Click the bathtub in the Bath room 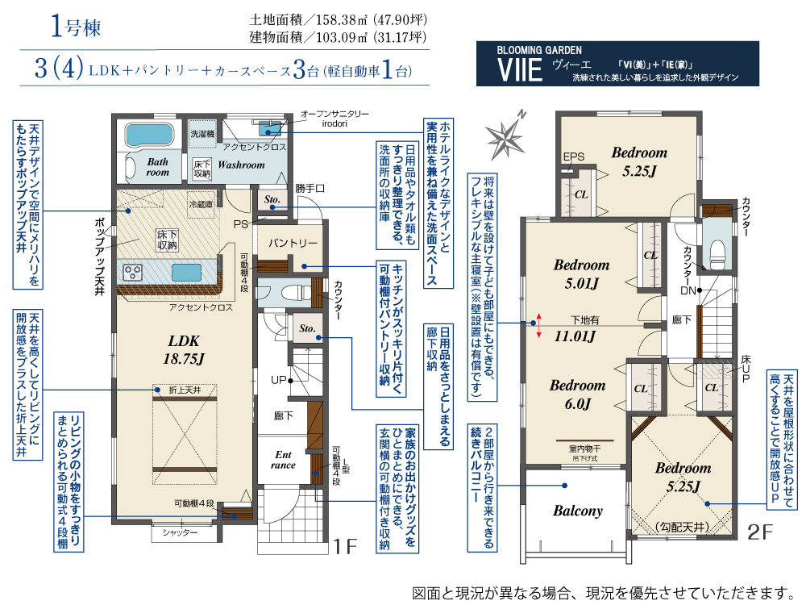coord(151,135)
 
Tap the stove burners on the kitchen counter coord(133,272)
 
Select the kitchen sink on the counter coord(186,272)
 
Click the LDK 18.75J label coord(184,350)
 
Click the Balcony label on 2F coord(577,511)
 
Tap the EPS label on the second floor coord(573,156)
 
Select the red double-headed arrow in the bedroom coord(538,325)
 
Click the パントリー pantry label coord(292,243)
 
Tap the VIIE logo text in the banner coord(520,70)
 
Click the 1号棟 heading coord(76,27)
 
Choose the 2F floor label coord(760,532)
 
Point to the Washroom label coord(241,165)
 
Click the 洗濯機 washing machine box coord(202,134)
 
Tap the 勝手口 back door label coord(310,188)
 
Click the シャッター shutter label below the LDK coord(181,532)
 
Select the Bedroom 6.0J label coord(577,394)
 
